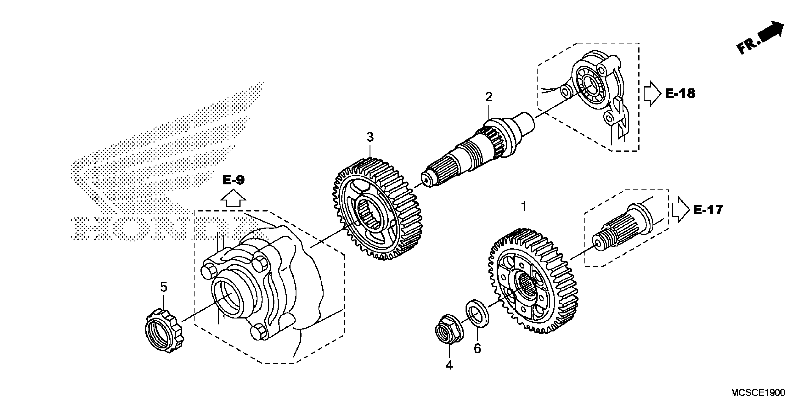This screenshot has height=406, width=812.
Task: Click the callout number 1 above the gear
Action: pyautogui.click(x=524, y=207)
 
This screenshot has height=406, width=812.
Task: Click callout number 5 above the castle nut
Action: pyautogui.click(x=164, y=287)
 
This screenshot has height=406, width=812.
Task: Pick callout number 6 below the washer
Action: pyautogui.click(x=477, y=349)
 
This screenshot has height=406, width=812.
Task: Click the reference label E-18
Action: pyautogui.click(x=680, y=93)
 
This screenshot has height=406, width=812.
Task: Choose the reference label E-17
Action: pyautogui.click(x=708, y=210)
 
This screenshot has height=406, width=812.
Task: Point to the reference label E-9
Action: pyautogui.click(x=233, y=180)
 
